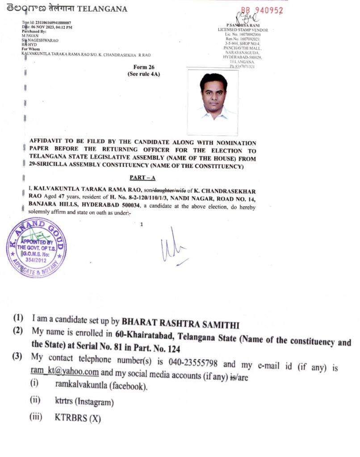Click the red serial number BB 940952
(x=262, y=10)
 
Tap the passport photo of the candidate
(x=213, y=102)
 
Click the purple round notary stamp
(x=36, y=248)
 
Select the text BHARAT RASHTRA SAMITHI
(x=180, y=321)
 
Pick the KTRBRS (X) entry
(x=78, y=419)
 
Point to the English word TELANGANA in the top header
(x=105, y=8)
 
